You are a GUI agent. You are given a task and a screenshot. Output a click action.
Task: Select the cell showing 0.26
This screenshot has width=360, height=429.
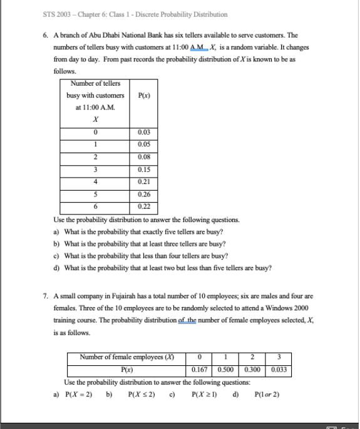click(x=143, y=194)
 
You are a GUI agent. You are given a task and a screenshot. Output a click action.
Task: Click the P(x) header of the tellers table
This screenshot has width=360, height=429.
click(x=143, y=96)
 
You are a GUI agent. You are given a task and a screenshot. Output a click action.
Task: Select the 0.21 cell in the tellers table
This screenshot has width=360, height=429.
click(x=143, y=182)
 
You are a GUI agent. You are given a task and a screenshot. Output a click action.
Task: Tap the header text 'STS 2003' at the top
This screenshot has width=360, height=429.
click(x=57, y=14)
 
